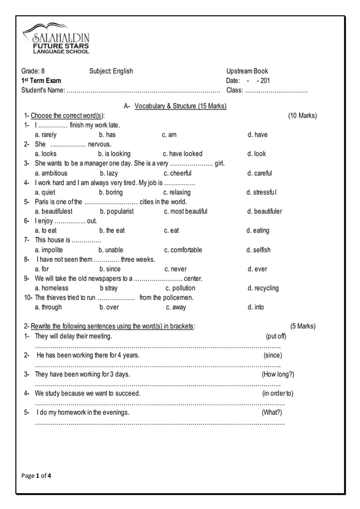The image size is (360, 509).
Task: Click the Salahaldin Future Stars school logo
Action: coord(56,38)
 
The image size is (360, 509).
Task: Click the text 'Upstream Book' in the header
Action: coord(247,71)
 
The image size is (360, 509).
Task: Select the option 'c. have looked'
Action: coord(182,154)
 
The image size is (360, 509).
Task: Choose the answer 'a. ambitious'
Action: coord(51,173)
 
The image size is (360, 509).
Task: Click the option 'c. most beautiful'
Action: coord(186,212)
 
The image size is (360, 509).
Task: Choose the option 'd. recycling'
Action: coord(263,288)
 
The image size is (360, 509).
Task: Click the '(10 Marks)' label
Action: coord(302,116)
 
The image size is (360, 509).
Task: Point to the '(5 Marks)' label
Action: coord(303,326)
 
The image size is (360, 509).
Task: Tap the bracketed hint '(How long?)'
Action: coord(278,374)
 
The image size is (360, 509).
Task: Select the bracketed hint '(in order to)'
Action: coord(278,393)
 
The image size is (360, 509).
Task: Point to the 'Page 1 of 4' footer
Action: coord(36,476)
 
